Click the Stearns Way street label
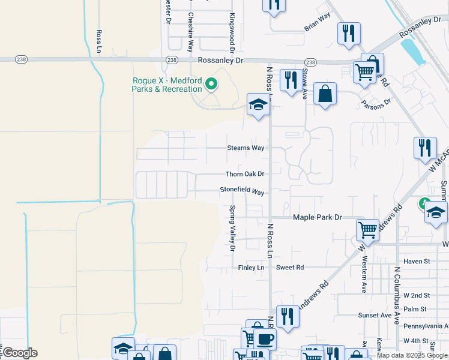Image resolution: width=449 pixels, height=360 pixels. (246, 148)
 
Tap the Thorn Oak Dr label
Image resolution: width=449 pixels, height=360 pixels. (245, 174)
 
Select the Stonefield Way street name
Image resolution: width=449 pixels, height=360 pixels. (242, 191)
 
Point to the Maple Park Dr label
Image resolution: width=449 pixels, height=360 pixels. (317, 217)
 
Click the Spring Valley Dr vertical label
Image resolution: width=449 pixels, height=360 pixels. (232, 228)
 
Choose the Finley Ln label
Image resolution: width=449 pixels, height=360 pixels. (251, 267)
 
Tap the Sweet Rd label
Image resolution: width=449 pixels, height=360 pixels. (290, 267)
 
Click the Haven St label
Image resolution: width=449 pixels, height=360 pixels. (417, 261)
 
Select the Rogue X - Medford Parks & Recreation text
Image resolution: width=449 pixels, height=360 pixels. (167, 85)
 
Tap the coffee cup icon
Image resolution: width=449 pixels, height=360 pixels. (264, 338)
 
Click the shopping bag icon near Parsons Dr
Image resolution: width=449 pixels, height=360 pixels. (325, 94)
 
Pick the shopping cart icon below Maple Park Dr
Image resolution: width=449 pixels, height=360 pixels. (367, 229)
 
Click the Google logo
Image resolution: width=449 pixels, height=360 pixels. (20, 353)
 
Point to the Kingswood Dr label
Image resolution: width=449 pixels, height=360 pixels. (231, 33)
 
